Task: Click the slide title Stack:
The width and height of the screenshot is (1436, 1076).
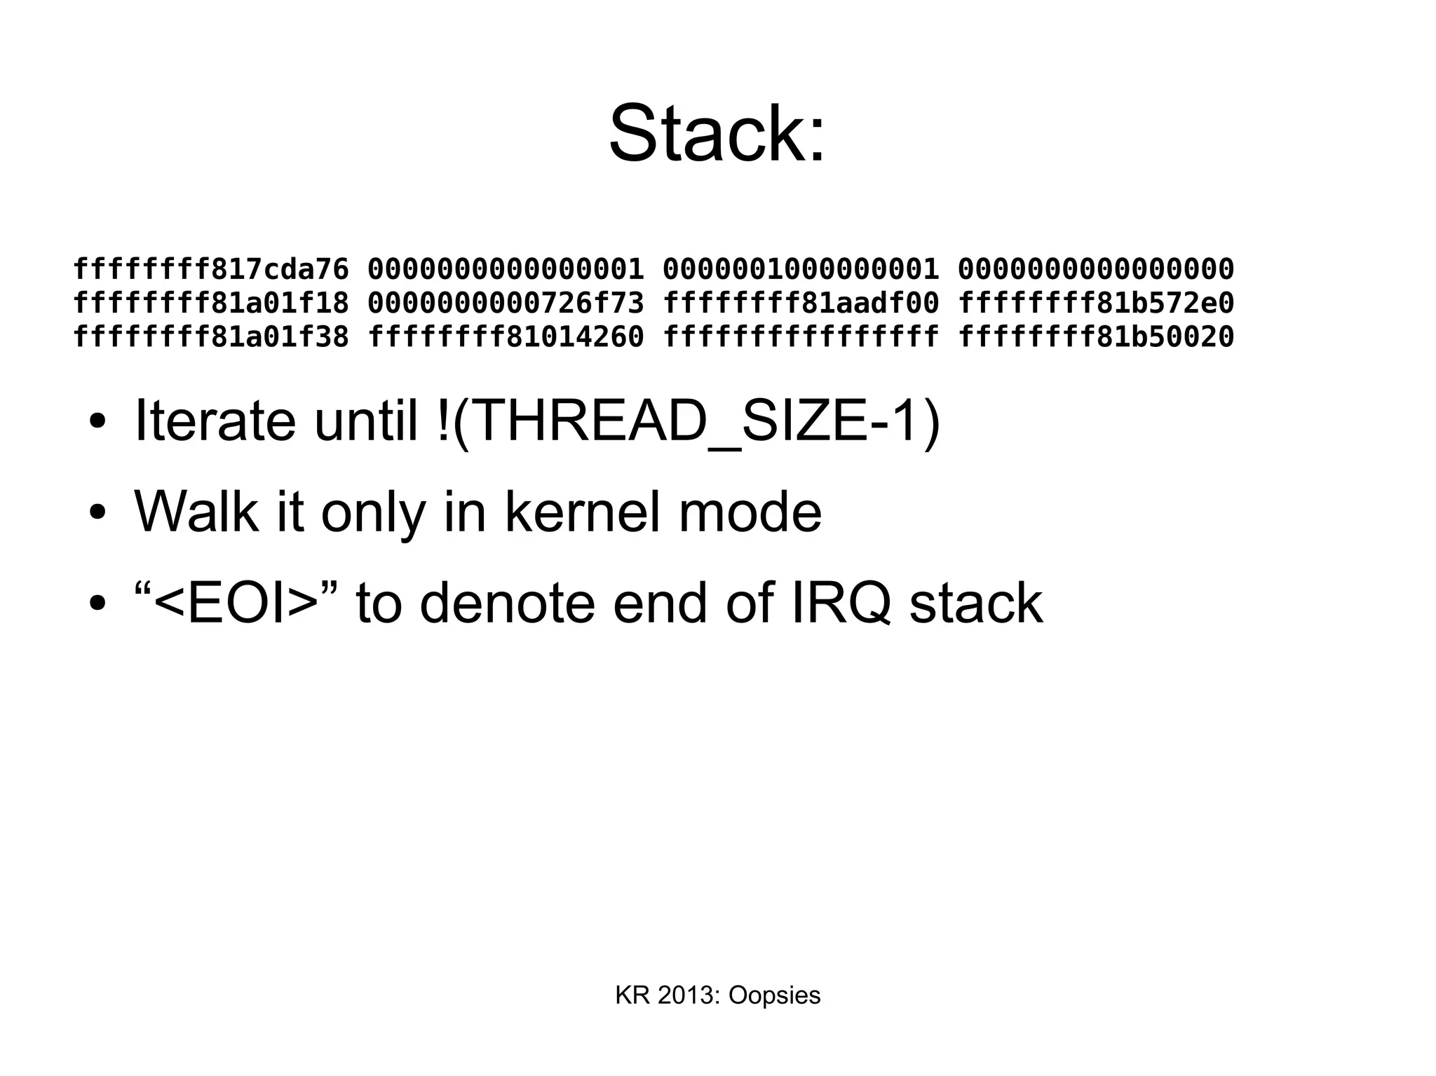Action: (x=717, y=133)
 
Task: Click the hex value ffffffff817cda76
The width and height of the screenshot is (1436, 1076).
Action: (x=210, y=268)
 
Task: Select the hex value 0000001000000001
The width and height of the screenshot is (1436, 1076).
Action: (x=800, y=268)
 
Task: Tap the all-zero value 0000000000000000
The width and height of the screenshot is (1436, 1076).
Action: (x=1095, y=268)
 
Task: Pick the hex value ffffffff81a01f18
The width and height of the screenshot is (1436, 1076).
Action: (x=210, y=303)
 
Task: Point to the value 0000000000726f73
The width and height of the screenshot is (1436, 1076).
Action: (x=506, y=303)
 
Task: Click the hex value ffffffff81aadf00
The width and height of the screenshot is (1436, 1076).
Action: (x=800, y=303)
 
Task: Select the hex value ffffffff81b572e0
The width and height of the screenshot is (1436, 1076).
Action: (x=1095, y=303)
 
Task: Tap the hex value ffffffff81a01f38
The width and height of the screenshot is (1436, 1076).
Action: (x=210, y=337)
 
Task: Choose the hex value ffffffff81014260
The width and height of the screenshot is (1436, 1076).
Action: (x=506, y=337)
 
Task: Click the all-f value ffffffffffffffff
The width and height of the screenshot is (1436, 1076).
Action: (x=800, y=337)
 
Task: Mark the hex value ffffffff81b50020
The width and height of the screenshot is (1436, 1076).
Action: (x=1095, y=337)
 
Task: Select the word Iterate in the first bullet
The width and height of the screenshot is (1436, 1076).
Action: (x=215, y=421)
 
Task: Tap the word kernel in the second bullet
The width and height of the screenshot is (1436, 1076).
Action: (x=582, y=512)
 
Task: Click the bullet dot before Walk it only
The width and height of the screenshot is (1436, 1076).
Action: (x=97, y=513)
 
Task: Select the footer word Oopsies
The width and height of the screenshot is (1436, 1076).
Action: (x=774, y=995)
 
